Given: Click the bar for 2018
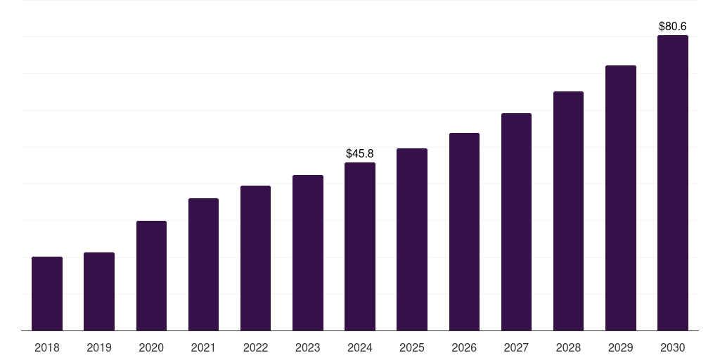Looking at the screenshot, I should [x=47, y=294].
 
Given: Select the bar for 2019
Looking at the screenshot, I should [x=99, y=292].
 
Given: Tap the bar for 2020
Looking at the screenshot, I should [x=151, y=276].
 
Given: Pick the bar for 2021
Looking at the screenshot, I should [x=203, y=264].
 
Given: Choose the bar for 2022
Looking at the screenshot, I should [x=255, y=258].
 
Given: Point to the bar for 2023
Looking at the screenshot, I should [x=308, y=253].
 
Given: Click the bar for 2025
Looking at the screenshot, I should [x=412, y=240].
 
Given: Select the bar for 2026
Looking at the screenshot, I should [x=464, y=232].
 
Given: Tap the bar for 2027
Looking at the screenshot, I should [x=516, y=222].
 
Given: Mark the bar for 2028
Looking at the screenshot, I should [x=568, y=211].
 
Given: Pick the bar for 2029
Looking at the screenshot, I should [x=621, y=198].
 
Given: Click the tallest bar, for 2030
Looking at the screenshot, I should [x=673, y=183].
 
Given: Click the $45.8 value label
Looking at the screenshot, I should [x=360, y=153].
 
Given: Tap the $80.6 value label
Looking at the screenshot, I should [x=673, y=26].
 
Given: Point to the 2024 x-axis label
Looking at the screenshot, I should [x=360, y=347].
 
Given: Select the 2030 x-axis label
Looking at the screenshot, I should [x=673, y=347].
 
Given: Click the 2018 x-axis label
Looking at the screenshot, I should [x=47, y=347].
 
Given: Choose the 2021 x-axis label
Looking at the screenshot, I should [x=203, y=347].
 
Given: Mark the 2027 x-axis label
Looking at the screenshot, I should [x=516, y=347].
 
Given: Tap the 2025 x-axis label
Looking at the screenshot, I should [x=412, y=347].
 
